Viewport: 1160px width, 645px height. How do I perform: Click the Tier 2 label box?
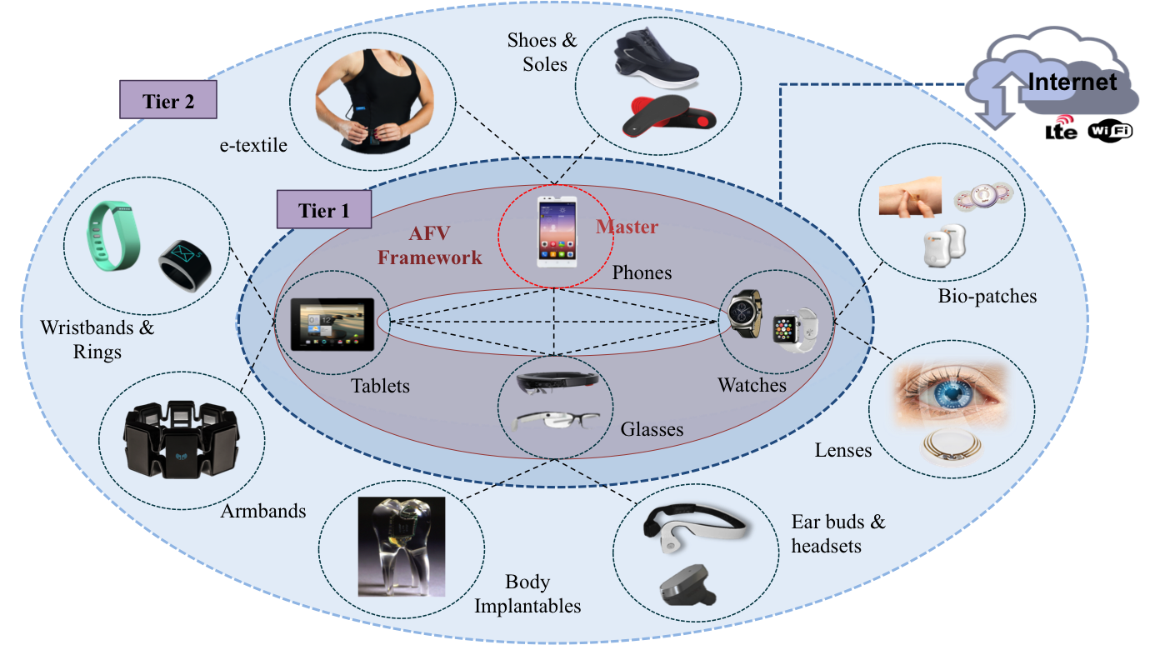click(168, 101)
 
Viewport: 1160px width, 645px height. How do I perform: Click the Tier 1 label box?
click(323, 210)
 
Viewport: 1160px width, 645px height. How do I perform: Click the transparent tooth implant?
click(399, 546)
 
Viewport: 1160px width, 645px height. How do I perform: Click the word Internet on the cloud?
click(1072, 82)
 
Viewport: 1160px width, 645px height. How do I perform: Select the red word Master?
click(627, 227)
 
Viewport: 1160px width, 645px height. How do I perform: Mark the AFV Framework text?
click(429, 247)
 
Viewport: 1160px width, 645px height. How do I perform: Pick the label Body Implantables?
click(527, 593)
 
